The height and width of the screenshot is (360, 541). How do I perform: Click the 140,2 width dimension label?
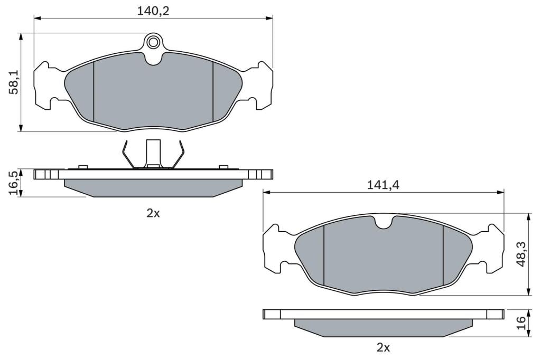click(153, 11)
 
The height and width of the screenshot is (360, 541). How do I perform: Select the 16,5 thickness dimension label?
click(14, 183)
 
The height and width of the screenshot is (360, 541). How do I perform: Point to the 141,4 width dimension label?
click(383, 185)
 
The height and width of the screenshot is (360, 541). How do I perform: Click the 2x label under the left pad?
click(153, 213)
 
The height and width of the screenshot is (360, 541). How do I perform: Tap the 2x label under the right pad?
click(383, 347)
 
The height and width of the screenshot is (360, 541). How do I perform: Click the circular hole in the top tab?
click(153, 42)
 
